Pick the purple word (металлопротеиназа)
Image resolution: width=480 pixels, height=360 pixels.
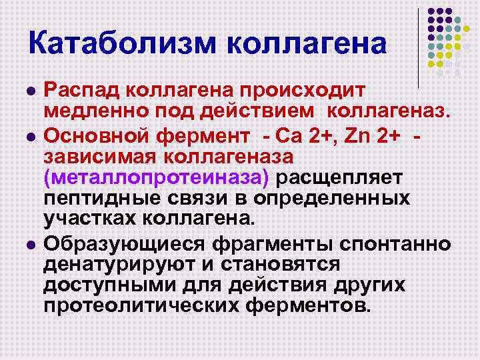pyautogui.click(x=157, y=178)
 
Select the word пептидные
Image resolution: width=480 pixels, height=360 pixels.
pyautogui.click(x=97, y=199)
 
